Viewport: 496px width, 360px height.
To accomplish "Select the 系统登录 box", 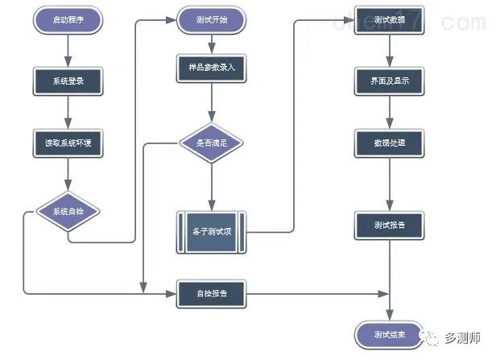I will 68,81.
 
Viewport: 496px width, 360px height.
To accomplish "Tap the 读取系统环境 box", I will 68,143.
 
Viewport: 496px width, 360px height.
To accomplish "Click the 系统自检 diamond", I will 68,212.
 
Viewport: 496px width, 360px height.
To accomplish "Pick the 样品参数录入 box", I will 211,69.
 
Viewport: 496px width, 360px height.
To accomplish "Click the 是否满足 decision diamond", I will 211,143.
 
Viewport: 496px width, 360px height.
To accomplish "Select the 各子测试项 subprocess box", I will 211,232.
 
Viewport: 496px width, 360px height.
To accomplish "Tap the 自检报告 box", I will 211,294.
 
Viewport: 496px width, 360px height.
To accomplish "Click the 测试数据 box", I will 389,21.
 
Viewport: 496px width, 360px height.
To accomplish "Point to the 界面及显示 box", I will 389,81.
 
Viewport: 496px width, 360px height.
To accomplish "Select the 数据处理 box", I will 389,143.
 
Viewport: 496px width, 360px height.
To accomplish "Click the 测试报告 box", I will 389,226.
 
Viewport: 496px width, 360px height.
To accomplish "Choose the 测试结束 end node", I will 389,333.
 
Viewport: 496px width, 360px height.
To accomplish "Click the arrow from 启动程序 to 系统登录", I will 68,51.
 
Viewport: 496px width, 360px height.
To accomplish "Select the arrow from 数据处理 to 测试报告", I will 389,184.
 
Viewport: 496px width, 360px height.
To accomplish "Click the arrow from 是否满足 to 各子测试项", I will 211,187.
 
